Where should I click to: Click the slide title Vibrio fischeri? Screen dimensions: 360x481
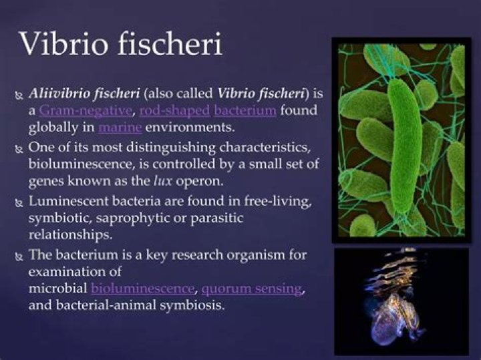coord(121,44)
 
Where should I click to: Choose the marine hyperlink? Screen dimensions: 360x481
coord(119,126)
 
